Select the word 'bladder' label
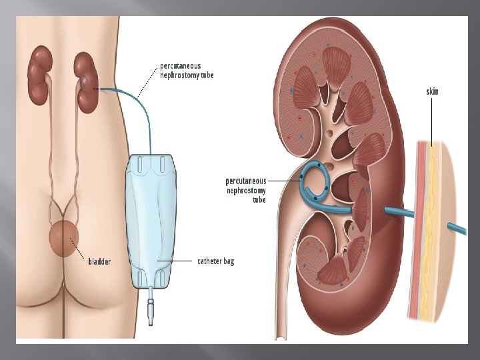(100, 261)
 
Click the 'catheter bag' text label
(216, 261)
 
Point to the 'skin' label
(433, 91)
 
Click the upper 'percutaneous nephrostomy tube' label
(187, 70)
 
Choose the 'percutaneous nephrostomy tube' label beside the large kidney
(246, 190)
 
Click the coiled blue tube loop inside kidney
(314, 181)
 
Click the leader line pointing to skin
(433, 120)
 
